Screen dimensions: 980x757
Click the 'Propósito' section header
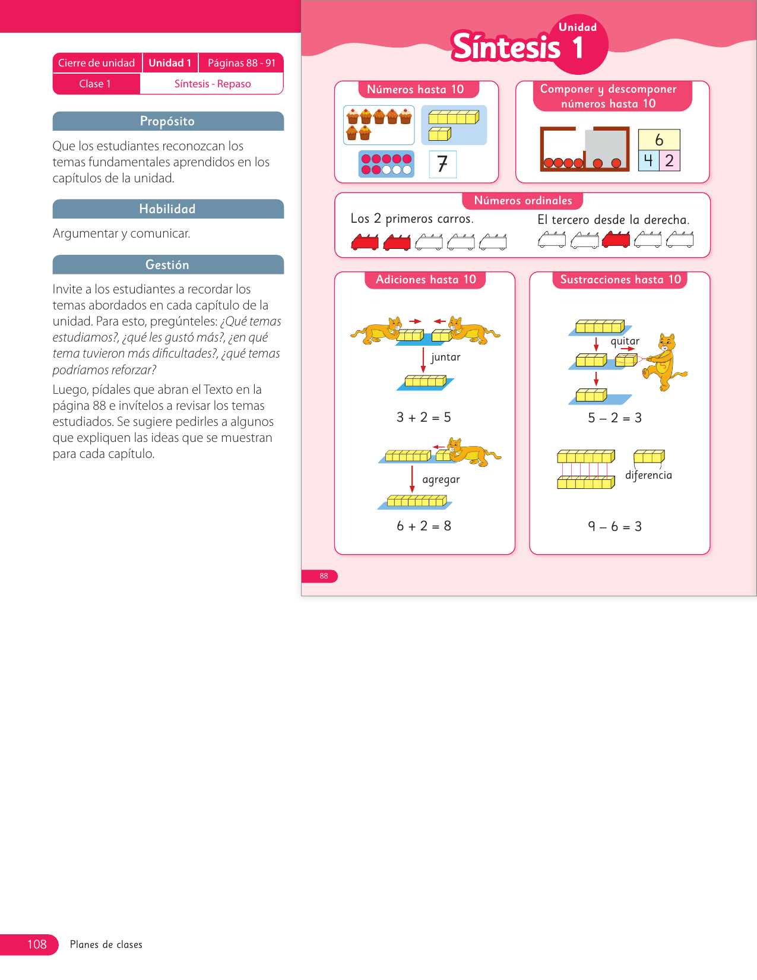(167, 121)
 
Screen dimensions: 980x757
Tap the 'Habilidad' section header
(167, 209)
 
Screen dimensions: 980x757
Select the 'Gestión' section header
(167, 265)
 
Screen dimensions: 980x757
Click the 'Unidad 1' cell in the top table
(170, 63)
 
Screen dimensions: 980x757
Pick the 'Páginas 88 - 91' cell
(241, 63)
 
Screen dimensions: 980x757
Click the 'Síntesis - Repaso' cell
(212, 84)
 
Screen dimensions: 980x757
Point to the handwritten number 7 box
(442, 164)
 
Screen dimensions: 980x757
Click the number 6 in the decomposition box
(659, 140)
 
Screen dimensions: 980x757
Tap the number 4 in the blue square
(648, 160)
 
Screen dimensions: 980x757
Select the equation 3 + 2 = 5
(424, 418)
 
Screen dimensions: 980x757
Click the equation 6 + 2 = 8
(424, 526)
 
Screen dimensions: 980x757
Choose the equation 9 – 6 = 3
(615, 527)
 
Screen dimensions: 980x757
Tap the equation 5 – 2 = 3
(615, 418)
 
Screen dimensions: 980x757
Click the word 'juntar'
(445, 357)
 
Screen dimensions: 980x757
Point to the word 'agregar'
(441, 479)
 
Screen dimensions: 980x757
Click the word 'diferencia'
(648, 475)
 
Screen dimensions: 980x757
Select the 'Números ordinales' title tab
(522, 201)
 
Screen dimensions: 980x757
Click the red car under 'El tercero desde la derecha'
(616, 240)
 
